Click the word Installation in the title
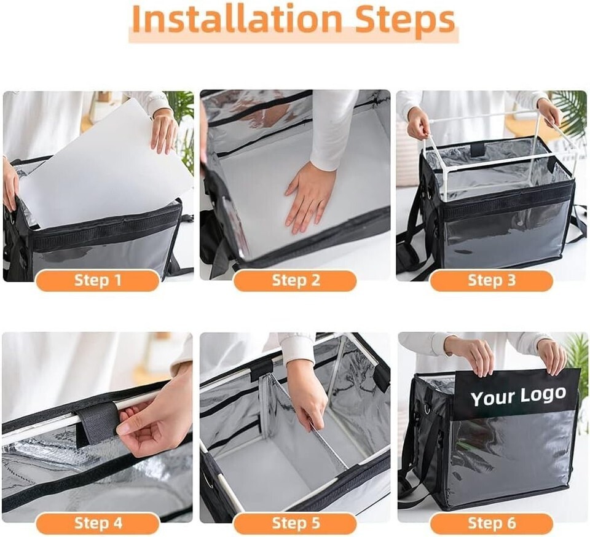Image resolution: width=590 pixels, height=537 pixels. (x=237, y=20)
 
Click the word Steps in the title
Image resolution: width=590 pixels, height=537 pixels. (x=405, y=22)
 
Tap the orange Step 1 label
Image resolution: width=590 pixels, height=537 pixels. (x=98, y=281)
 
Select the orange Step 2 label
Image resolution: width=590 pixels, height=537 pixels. (x=296, y=281)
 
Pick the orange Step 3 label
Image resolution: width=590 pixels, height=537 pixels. (x=492, y=281)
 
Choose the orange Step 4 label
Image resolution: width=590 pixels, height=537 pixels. (x=98, y=523)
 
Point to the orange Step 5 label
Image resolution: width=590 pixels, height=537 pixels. (x=296, y=523)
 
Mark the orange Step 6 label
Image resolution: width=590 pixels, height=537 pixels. (x=492, y=523)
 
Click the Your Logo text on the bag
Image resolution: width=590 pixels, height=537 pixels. (x=518, y=396)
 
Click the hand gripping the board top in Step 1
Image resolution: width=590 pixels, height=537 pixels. (x=164, y=131)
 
